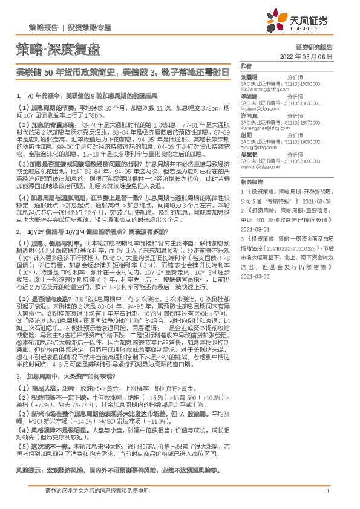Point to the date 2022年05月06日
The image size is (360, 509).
307,56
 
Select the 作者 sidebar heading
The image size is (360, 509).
245,65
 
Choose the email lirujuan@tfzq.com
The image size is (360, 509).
262,106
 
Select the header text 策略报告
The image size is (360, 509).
43,27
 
